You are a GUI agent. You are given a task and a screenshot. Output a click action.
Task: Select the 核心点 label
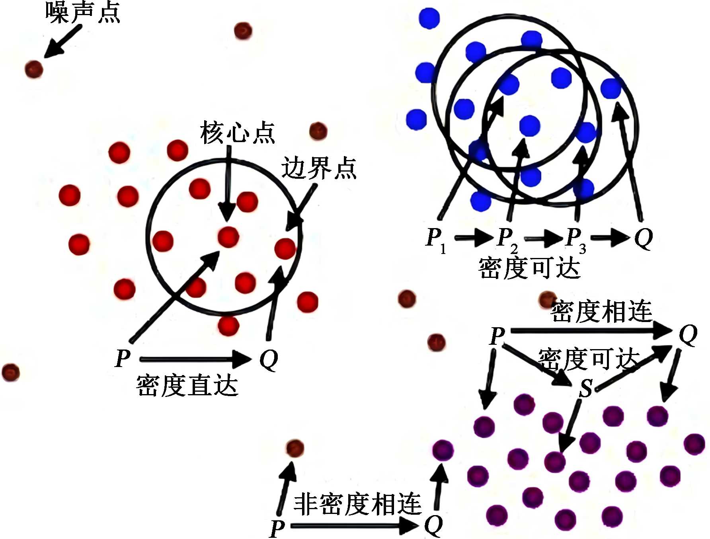237,133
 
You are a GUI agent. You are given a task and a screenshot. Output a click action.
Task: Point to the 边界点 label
318,168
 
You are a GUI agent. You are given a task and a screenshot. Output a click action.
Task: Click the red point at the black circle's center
228,237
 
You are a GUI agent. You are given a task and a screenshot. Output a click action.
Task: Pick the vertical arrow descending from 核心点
228,183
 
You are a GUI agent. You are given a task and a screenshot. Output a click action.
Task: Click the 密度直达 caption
187,385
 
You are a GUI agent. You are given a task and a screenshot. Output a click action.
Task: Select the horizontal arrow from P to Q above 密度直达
195,359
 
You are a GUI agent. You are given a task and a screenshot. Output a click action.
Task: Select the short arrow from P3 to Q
610,238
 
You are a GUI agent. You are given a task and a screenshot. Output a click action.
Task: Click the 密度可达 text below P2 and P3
529,268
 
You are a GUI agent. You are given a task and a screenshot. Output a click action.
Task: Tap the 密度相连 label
601,311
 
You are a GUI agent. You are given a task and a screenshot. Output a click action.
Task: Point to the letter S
585,388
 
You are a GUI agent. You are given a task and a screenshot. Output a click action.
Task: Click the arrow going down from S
569,426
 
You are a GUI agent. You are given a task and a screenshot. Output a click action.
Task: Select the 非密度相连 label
357,504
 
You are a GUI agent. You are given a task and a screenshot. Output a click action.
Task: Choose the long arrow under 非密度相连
354,526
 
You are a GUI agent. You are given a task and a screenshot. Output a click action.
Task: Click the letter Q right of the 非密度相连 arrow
433,525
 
